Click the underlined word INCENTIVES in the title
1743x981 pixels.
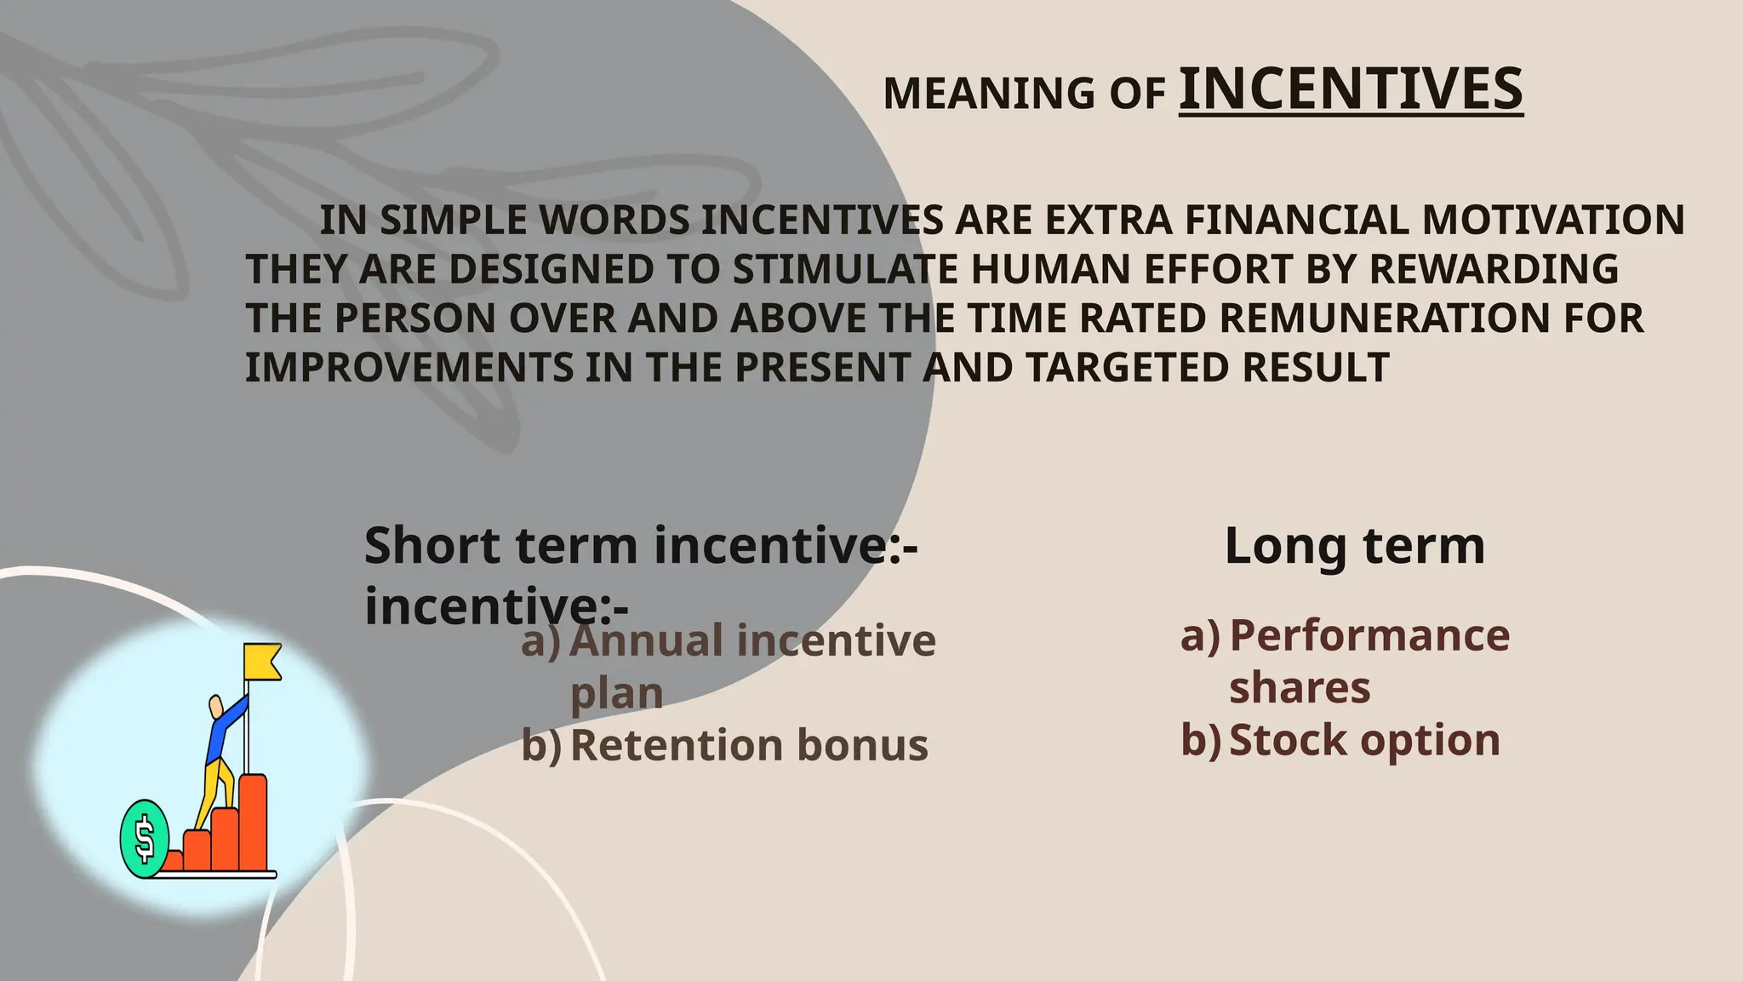[x=1351, y=89]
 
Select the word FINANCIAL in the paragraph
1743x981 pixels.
[x=1298, y=220]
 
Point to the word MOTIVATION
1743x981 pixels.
[x=1553, y=220]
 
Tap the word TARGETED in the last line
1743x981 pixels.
[x=1128, y=368]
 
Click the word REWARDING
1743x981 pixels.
[x=1494, y=269]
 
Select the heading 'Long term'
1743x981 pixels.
[x=1354, y=546]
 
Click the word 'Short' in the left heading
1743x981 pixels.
[x=431, y=546]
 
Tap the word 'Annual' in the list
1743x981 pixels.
[x=646, y=640]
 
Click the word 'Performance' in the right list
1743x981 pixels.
[x=1369, y=635]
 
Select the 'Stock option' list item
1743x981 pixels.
[x=1364, y=740]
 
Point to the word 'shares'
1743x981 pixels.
[x=1300, y=688]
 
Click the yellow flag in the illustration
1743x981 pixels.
[x=262, y=662]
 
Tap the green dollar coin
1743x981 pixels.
[x=144, y=838]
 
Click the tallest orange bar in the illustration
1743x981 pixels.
[x=253, y=822]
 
